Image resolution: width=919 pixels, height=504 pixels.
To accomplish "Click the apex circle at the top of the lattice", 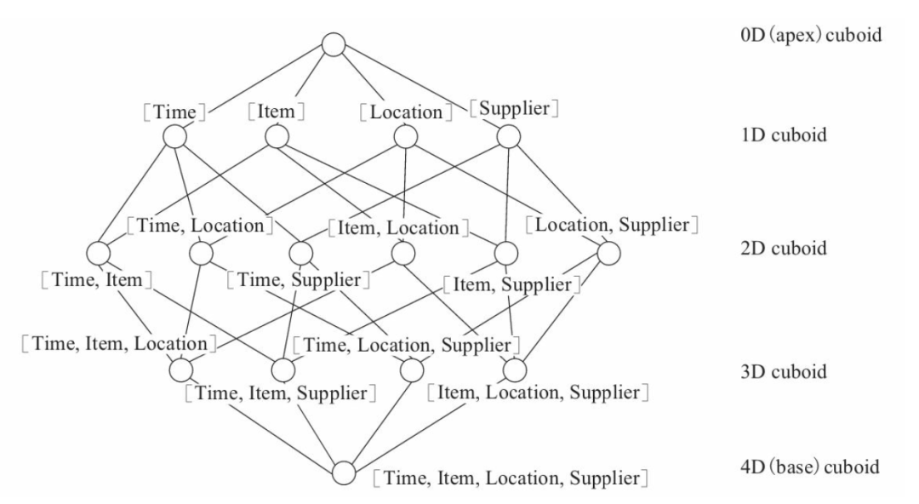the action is (x=334, y=44).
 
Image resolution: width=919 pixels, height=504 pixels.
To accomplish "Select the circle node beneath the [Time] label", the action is (x=174, y=137).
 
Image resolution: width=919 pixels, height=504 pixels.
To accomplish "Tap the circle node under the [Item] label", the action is (x=277, y=137).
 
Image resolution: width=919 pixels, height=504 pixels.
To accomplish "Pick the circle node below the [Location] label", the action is (x=406, y=137).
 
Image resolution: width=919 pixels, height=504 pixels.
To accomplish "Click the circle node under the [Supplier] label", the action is (x=508, y=137).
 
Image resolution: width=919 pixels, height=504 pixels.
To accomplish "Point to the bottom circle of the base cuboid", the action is (x=344, y=472).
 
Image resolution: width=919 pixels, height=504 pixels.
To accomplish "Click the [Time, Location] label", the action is (x=201, y=226).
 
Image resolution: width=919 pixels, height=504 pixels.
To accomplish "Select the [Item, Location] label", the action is (x=398, y=227).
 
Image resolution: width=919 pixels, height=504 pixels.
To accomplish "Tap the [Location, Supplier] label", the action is (x=612, y=225).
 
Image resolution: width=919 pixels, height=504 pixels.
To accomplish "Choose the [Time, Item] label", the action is (x=97, y=280).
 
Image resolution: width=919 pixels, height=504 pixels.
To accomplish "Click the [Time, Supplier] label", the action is (x=299, y=280).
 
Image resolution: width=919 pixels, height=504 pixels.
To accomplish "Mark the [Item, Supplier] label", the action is (x=511, y=284).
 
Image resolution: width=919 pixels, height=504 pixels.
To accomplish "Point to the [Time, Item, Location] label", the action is (x=119, y=343).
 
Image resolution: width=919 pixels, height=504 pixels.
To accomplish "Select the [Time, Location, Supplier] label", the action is (x=406, y=345).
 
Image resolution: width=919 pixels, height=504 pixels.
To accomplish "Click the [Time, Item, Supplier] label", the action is (x=280, y=392).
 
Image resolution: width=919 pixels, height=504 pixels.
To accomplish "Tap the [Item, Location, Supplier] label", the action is (x=538, y=392).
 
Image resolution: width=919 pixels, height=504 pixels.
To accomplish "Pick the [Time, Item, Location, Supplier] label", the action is (x=511, y=478).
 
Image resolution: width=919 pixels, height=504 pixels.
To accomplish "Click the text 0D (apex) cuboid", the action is (x=811, y=35).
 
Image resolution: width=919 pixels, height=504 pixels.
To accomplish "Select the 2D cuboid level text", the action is (x=784, y=249).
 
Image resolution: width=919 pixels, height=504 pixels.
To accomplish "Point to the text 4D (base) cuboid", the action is (x=810, y=467).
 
